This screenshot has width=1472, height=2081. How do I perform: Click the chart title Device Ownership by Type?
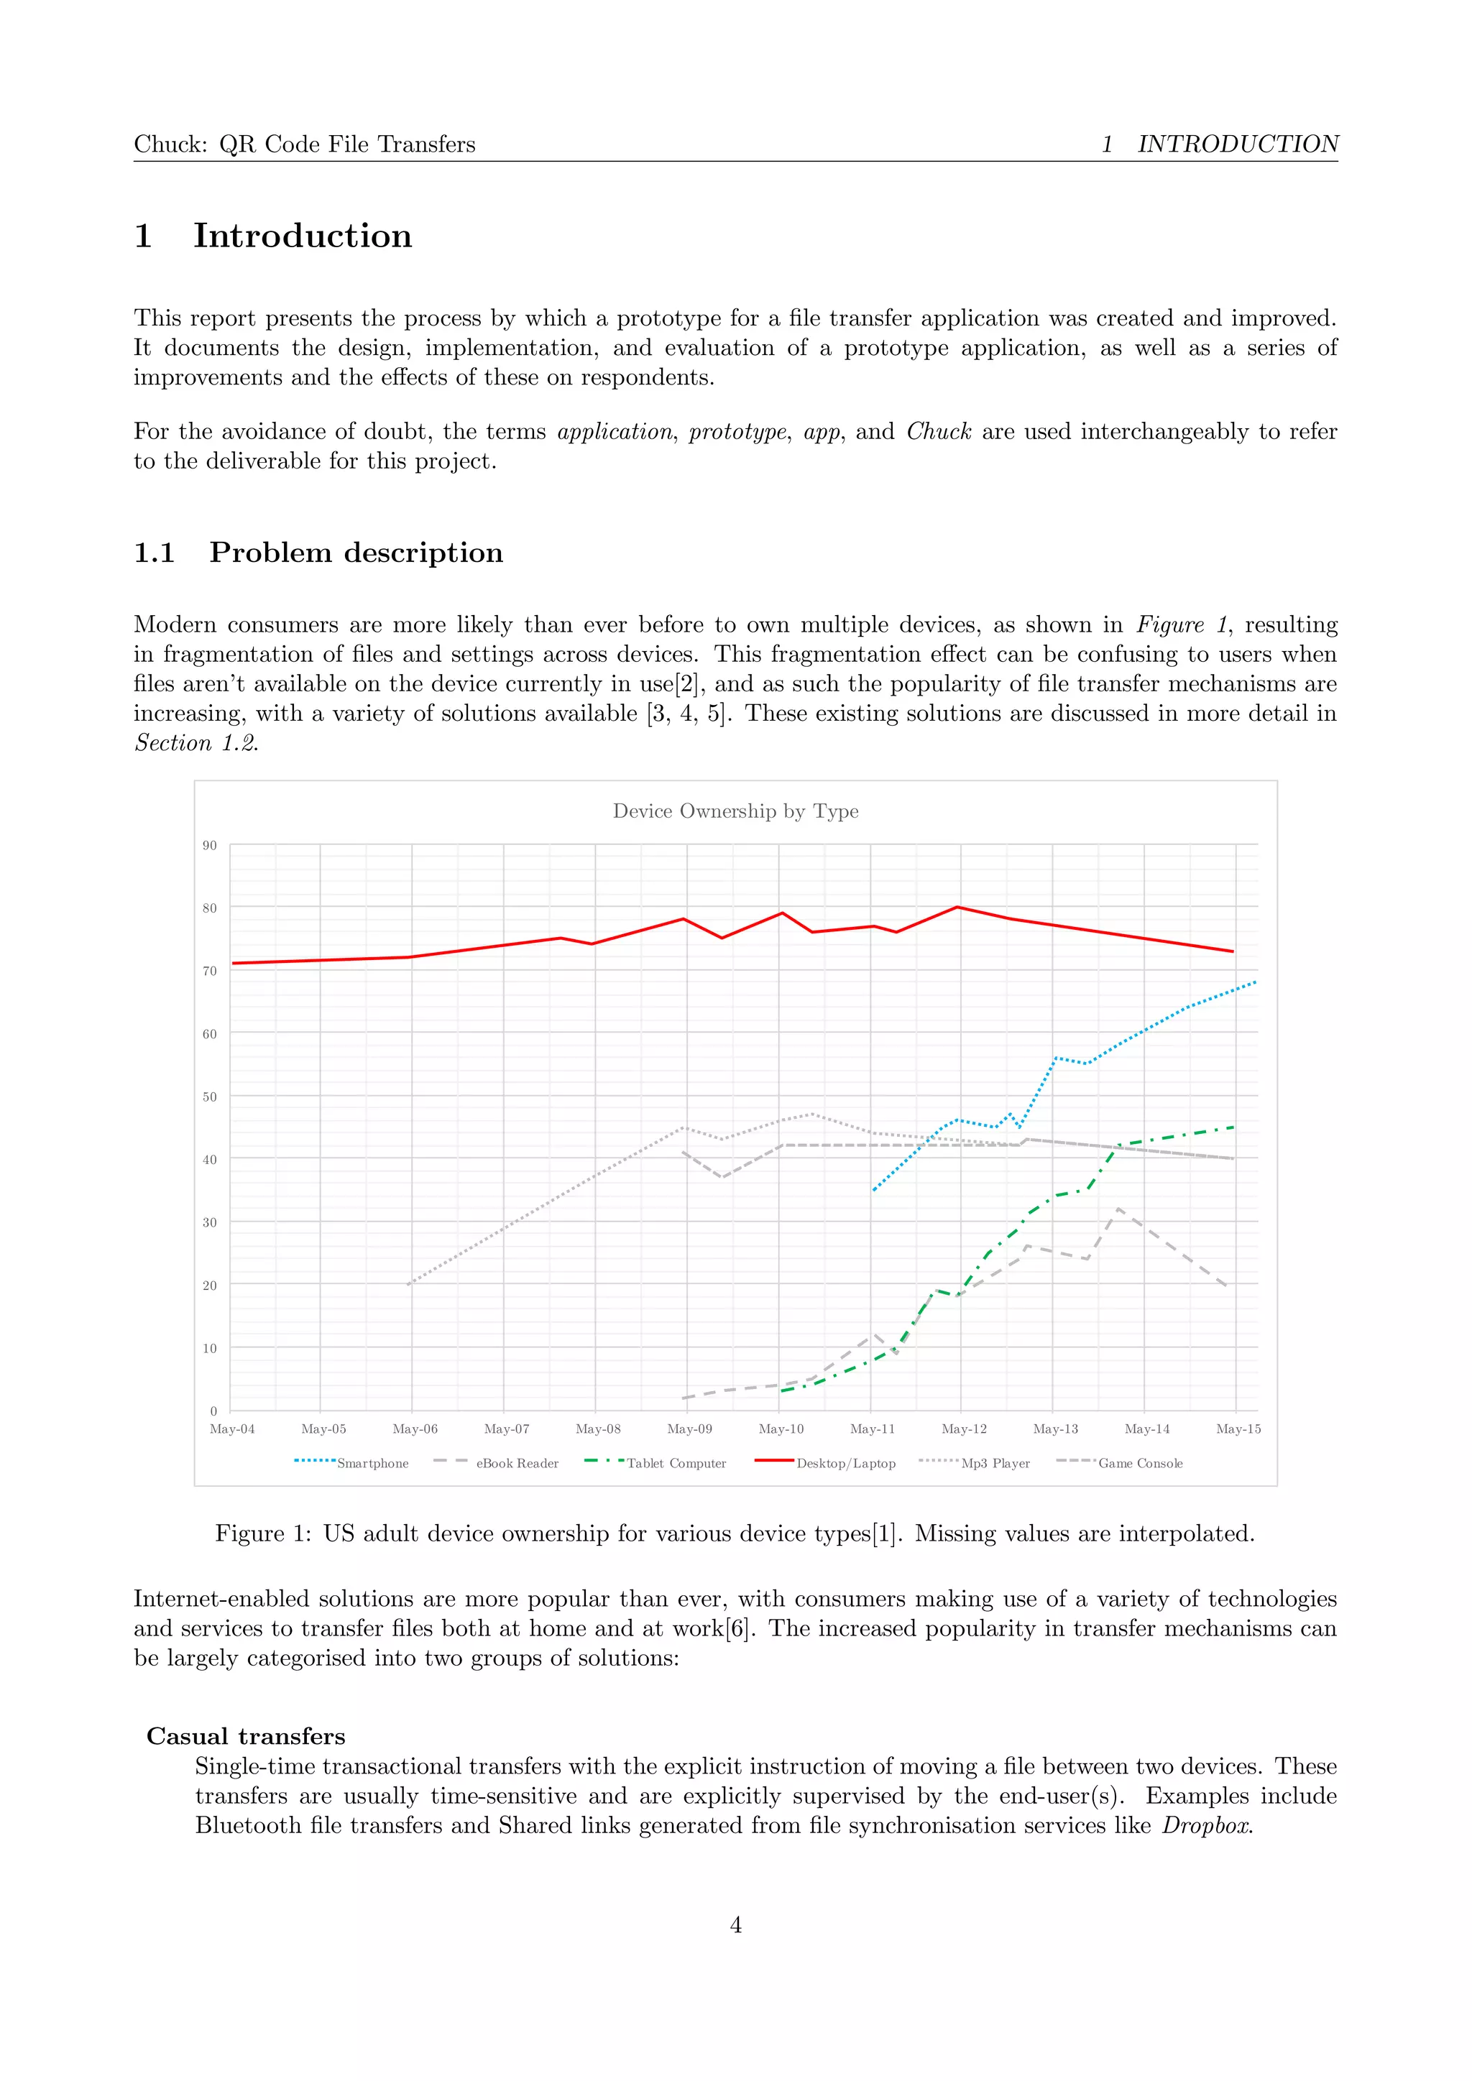click(735, 811)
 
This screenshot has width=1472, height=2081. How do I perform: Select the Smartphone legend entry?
click(372, 1463)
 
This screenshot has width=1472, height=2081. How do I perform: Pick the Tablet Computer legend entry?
click(676, 1463)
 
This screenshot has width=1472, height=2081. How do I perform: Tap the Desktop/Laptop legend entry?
click(845, 1463)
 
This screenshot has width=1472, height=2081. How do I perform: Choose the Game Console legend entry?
click(1139, 1463)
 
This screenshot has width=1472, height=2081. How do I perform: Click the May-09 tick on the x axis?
click(689, 1429)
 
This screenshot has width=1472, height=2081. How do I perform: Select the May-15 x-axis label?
click(1237, 1429)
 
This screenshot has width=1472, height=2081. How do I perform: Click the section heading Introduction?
click(302, 236)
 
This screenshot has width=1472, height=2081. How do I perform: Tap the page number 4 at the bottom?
click(735, 1924)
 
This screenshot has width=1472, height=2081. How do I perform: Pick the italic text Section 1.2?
click(195, 742)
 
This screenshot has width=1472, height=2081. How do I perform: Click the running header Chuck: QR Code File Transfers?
click(305, 144)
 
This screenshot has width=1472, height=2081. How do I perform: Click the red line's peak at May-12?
click(958, 908)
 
